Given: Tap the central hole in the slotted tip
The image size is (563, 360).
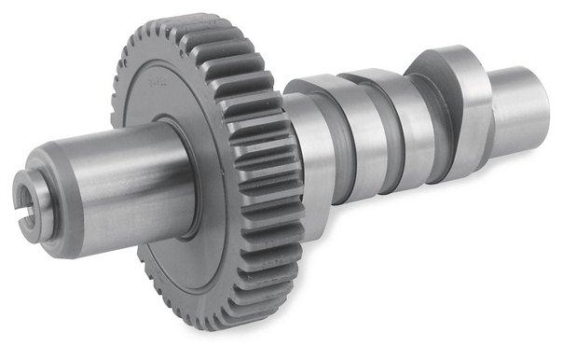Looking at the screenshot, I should tap(30, 193).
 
